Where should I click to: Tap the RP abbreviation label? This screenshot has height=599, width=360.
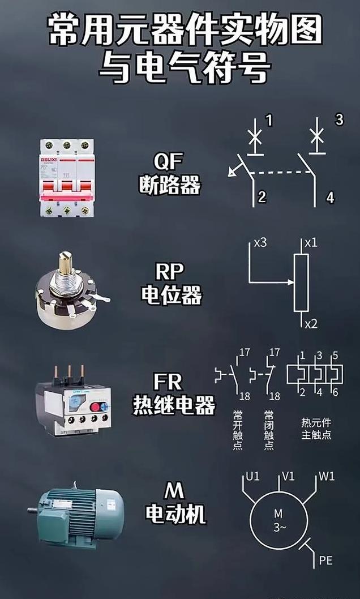(x=169, y=272)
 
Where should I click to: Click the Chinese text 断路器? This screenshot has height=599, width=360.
(x=170, y=185)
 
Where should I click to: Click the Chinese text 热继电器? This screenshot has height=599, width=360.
(x=174, y=405)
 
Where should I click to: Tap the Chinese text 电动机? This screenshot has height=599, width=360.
(x=175, y=514)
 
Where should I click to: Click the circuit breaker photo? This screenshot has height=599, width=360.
(x=67, y=178)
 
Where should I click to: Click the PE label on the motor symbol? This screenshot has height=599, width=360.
(x=325, y=561)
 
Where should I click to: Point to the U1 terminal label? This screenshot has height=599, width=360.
(x=252, y=476)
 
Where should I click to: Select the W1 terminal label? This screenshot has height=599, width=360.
(x=327, y=476)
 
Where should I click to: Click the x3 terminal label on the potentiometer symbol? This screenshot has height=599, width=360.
(x=260, y=243)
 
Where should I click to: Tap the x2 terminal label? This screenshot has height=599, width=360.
(x=311, y=324)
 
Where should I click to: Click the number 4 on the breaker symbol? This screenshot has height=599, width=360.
(x=330, y=198)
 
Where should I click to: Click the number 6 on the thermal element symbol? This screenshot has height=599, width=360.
(x=335, y=392)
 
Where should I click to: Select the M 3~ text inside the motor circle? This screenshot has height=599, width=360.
(x=278, y=520)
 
